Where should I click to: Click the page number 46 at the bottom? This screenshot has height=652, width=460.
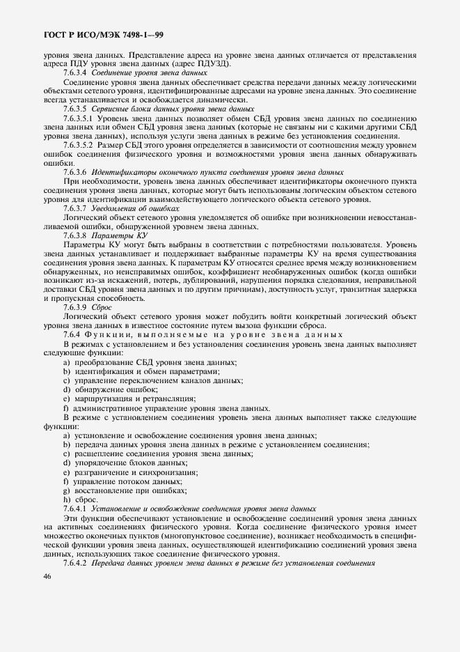coord(47,576)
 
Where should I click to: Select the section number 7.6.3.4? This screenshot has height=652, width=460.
coord(74,72)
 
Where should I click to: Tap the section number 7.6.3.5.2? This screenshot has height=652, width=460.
coord(79,145)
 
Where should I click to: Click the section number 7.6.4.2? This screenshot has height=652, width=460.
coord(74,562)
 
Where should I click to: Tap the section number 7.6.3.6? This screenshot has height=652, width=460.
coord(74,171)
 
